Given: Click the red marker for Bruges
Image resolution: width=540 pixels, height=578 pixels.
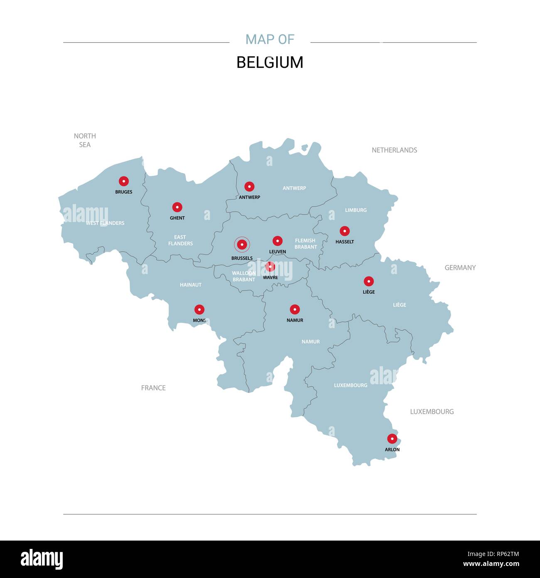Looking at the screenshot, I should [x=123, y=181].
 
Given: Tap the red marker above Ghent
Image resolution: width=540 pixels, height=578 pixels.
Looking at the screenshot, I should [x=177, y=207].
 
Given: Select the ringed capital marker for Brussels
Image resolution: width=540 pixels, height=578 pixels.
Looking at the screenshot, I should [x=242, y=245].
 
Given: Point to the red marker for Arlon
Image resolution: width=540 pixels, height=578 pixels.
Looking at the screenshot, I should [x=392, y=439].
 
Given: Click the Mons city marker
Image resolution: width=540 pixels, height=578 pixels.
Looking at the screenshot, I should [x=199, y=309].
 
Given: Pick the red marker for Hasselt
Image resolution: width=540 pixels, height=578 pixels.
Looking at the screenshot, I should [x=345, y=231].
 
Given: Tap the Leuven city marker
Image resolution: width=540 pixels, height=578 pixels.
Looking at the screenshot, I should [x=277, y=241].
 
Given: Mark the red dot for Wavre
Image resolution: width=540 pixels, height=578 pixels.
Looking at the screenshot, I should [x=270, y=267].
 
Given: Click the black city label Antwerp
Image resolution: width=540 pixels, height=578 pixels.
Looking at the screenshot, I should [x=249, y=197].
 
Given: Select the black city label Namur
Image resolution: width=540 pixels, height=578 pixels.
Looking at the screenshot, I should [x=295, y=320].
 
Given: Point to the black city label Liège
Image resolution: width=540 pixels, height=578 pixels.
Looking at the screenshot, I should [x=368, y=292].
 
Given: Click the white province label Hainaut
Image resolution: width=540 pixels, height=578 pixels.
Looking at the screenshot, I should [x=191, y=285].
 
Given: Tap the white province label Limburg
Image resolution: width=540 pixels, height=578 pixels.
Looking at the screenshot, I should [x=356, y=210].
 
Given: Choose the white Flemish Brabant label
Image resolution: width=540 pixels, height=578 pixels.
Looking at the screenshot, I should [x=305, y=244].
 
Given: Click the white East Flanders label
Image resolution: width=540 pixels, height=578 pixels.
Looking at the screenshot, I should [x=180, y=240].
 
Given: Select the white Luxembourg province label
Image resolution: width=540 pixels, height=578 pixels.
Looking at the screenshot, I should [x=351, y=385].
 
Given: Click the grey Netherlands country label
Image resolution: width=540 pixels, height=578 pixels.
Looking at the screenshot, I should [x=394, y=150].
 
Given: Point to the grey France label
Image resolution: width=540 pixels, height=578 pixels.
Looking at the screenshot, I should [x=153, y=388].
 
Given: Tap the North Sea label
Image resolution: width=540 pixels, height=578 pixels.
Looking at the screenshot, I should [x=85, y=140].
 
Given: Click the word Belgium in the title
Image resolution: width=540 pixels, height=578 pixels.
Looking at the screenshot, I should [x=270, y=62].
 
